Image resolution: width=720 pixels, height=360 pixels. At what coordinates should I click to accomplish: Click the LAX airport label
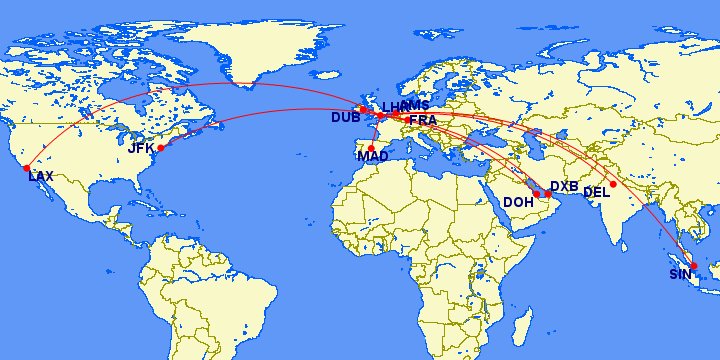tap(41, 176)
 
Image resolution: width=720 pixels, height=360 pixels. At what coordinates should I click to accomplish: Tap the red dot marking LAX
tap(27, 168)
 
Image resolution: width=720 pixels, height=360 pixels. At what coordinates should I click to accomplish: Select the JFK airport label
tap(141, 148)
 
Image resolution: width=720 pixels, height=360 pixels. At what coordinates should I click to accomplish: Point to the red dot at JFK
tap(160, 148)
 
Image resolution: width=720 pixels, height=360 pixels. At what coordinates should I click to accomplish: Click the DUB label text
tap(345, 118)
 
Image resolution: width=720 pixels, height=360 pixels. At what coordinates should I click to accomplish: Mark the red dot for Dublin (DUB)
tap(362, 109)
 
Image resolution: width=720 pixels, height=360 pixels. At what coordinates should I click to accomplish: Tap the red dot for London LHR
tap(380, 116)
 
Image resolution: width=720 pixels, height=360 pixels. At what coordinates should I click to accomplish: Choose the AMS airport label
tap(414, 106)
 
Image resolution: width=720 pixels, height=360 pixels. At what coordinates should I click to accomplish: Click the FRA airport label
tap(423, 120)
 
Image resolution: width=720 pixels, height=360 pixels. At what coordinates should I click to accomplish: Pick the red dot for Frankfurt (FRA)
tap(406, 119)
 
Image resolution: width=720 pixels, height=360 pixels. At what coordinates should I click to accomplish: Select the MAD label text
tap(372, 156)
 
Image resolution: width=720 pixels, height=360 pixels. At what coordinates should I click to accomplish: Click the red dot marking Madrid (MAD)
tap(371, 147)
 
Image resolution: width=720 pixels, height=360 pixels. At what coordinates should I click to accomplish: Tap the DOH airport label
tap(518, 202)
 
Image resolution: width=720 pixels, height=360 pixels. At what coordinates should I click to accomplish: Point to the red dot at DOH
tap(536, 194)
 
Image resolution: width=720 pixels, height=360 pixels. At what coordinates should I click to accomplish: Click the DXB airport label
tap(564, 187)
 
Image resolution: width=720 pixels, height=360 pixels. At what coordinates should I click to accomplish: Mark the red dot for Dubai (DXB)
tap(548, 194)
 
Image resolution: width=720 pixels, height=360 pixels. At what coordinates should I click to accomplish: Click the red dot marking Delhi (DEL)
tap(613, 184)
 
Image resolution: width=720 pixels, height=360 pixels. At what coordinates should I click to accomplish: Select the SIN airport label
tap(680, 274)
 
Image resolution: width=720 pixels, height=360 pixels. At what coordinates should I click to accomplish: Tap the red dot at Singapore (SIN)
tap(694, 266)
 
